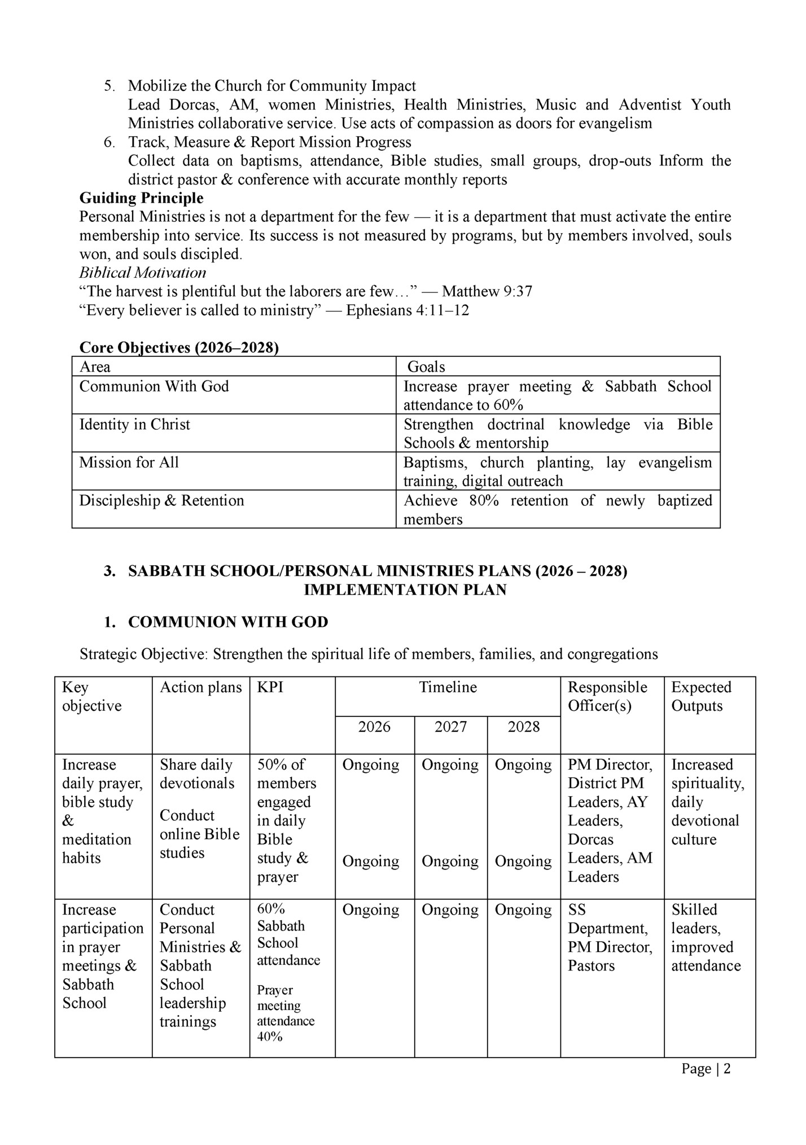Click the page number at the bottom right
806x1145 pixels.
(x=706, y=1069)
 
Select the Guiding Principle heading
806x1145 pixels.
(x=141, y=198)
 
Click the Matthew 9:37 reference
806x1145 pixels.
(x=487, y=291)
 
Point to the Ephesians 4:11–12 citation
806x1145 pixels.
(x=407, y=310)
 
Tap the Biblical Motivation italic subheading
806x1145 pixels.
(x=142, y=273)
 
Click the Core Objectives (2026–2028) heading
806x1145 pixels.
(x=179, y=348)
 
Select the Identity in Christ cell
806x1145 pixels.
(x=134, y=425)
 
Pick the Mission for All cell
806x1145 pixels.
(x=129, y=462)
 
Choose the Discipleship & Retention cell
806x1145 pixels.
(x=161, y=500)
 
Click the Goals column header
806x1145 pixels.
(x=426, y=367)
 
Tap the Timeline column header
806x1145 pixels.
(x=448, y=687)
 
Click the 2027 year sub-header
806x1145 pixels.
(x=450, y=727)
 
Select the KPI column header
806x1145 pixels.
(x=270, y=687)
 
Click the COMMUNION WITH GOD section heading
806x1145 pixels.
(x=228, y=622)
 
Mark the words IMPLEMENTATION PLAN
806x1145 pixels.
(x=405, y=590)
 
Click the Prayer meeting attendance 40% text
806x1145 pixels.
(x=286, y=1013)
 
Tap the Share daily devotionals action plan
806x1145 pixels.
(x=196, y=773)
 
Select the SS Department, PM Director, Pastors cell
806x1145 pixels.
(x=610, y=937)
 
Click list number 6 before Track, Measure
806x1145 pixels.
(x=109, y=142)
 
